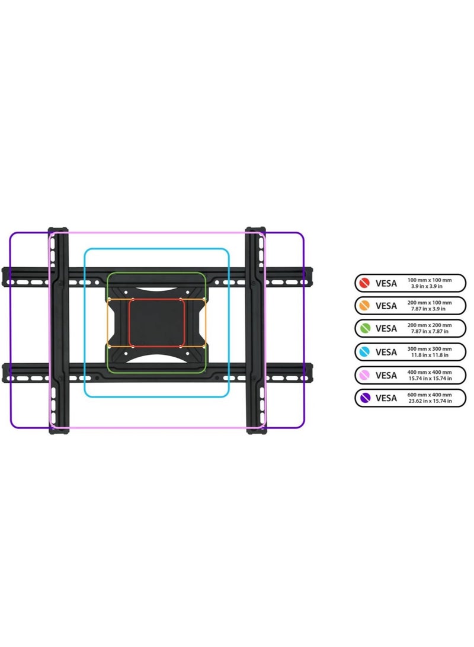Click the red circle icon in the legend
click(364, 283)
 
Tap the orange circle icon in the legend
click(364, 306)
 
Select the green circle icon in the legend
click(364, 328)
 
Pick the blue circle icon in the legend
click(364, 352)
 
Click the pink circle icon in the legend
click(364, 375)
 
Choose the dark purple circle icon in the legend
click(365, 398)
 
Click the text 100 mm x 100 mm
click(430, 280)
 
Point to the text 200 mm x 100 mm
click(430, 303)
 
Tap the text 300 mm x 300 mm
click(430, 349)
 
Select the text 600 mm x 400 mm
click(430, 395)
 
